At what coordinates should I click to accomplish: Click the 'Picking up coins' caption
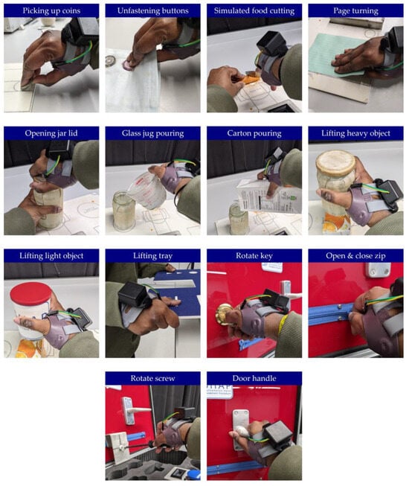[x=51, y=11]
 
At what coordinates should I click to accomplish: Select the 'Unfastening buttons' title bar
[x=152, y=11]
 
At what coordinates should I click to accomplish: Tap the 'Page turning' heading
[x=355, y=11]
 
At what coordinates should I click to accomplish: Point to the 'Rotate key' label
[x=254, y=256]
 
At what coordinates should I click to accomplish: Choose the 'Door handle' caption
[x=254, y=378]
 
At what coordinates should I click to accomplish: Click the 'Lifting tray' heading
[x=152, y=256]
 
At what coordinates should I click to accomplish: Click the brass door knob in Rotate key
[x=224, y=313]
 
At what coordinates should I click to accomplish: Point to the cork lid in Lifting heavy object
[x=335, y=164]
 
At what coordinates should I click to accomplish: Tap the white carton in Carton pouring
[x=268, y=196]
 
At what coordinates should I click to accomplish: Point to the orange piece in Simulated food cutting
[x=250, y=78]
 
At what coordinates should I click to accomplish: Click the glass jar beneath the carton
[x=239, y=218]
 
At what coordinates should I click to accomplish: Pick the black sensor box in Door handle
[x=277, y=435]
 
